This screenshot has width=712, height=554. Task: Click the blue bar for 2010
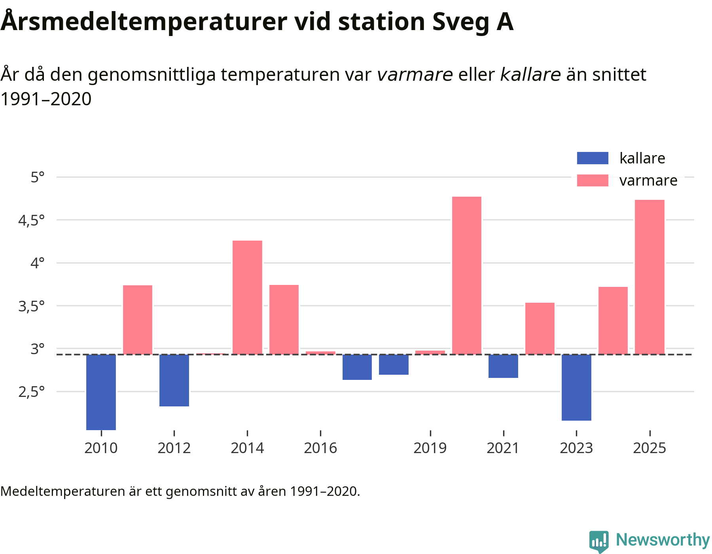(101, 392)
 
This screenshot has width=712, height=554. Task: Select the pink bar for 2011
(138, 320)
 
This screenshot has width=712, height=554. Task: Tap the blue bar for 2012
(174, 380)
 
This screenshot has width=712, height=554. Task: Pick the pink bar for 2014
(247, 297)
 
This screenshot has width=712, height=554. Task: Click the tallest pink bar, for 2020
(467, 275)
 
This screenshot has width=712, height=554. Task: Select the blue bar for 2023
(576, 387)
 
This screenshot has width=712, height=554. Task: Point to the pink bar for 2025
(650, 277)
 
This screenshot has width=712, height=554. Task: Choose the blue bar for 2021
(503, 366)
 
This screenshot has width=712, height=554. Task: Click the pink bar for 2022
(540, 328)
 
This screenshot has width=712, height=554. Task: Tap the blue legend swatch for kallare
(593, 158)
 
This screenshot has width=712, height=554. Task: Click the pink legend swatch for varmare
(593, 180)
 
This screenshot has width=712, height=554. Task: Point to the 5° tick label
(38, 177)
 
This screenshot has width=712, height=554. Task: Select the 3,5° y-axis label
(32, 306)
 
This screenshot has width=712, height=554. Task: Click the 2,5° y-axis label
(32, 392)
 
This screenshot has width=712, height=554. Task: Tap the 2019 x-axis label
(430, 448)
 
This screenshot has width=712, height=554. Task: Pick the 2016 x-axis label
(320, 448)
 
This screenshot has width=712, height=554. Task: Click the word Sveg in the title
(460, 22)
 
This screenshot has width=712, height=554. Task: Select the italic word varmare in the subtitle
(415, 74)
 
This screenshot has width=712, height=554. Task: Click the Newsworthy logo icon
(599, 541)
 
